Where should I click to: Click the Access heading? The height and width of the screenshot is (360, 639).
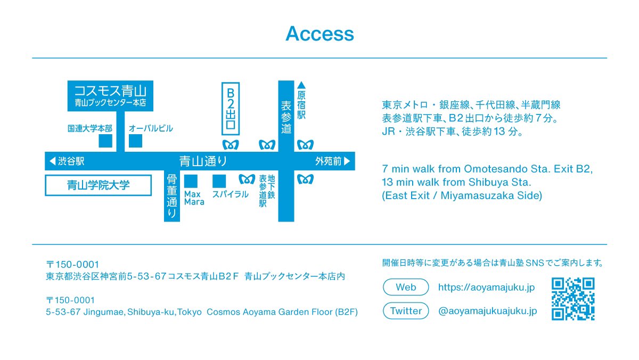click(x=319, y=34)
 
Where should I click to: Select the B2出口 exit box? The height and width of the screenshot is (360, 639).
click(x=231, y=108)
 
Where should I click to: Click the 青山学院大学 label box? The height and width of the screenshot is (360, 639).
click(x=99, y=186)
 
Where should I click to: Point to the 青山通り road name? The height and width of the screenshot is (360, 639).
click(x=203, y=161)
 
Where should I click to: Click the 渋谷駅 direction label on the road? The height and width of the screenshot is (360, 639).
click(x=67, y=161)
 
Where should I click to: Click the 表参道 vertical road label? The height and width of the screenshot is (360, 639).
click(x=286, y=117)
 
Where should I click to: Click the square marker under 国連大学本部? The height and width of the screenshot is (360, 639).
click(x=105, y=141)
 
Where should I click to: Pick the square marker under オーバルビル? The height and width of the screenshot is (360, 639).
click(x=136, y=141)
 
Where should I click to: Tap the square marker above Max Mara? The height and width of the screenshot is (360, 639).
click(x=191, y=181)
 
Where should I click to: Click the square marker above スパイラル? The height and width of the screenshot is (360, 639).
click(x=219, y=181)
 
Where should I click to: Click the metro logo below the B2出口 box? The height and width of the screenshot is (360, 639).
click(x=230, y=145)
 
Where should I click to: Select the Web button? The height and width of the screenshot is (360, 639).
click(x=406, y=287)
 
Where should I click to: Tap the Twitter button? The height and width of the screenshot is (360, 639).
click(x=406, y=311)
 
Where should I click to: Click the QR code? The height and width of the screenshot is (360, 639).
click(x=573, y=299)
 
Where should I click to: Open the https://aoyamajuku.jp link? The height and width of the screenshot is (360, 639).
click(x=486, y=288)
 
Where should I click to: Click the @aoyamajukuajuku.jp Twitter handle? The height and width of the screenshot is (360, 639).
click(x=487, y=311)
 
